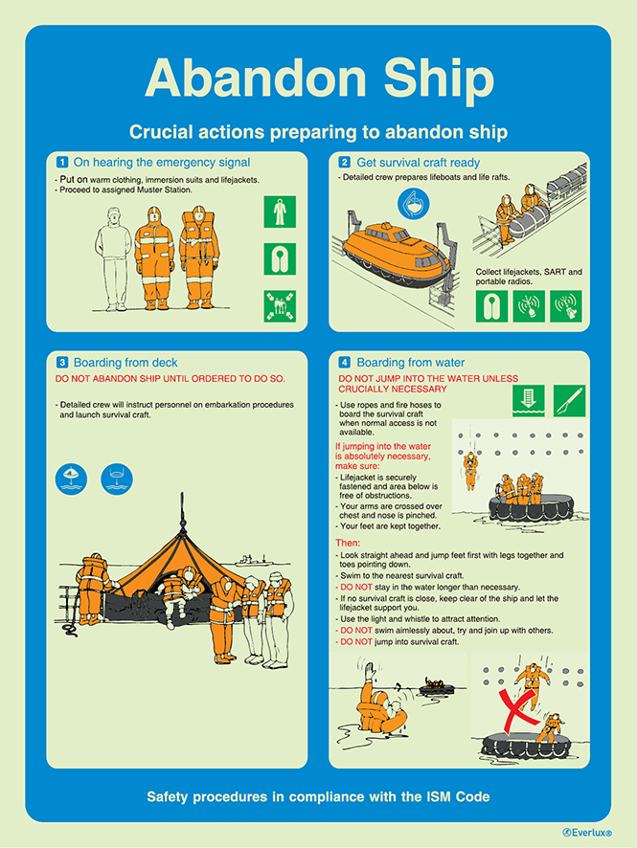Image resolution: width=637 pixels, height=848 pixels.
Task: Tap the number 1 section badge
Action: (62, 163)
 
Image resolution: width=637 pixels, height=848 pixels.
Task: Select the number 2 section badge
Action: (344, 163)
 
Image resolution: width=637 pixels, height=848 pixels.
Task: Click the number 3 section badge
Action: (62, 363)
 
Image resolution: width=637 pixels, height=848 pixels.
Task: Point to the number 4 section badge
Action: (344, 363)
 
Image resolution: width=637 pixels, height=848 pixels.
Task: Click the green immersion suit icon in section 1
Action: (280, 212)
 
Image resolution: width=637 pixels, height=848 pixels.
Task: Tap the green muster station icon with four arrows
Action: (280, 305)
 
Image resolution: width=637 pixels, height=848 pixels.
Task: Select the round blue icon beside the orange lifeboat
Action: (414, 204)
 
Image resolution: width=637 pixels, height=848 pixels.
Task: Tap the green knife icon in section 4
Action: (569, 400)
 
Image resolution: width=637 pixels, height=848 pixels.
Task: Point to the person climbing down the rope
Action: (469, 469)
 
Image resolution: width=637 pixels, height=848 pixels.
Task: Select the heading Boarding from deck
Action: (125, 363)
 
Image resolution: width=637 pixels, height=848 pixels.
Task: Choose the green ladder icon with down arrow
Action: (528, 400)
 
